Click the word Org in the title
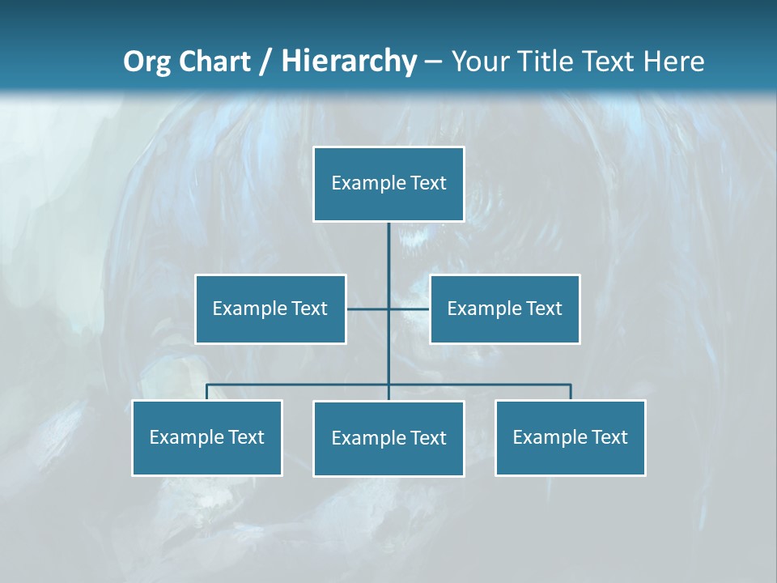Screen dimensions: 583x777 (146, 62)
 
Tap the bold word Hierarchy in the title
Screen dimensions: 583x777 (349, 62)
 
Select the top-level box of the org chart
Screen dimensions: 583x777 (388, 184)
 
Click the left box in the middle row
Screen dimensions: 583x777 (270, 309)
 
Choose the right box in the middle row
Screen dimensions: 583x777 (504, 309)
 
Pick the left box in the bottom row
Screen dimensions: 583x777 (206, 437)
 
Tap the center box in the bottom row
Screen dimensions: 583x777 (388, 438)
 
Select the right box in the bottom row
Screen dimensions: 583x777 (570, 437)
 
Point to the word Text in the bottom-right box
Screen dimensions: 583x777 (609, 437)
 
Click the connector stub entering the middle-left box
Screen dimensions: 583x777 (366, 309)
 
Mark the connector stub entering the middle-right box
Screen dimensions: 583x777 (410, 309)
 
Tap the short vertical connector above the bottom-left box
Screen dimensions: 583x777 (206, 392)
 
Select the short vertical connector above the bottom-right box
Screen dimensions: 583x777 (571, 392)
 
